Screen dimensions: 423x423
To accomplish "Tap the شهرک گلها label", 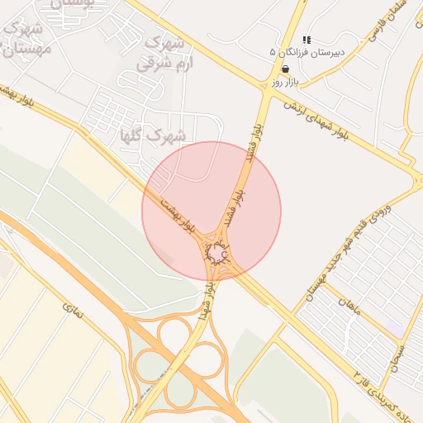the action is tap(154, 133).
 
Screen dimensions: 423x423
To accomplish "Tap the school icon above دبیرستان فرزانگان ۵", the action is tap(307, 40).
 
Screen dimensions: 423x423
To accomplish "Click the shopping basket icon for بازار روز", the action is tap(285, 69).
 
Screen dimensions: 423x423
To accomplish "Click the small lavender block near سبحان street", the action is tap(395, 330).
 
